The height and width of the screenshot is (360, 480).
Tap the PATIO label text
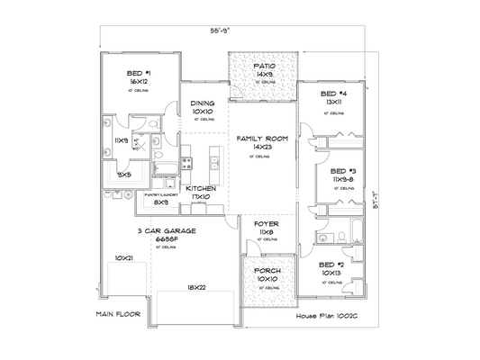263,66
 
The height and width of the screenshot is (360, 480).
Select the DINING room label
202,103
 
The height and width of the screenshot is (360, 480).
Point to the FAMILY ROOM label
261,139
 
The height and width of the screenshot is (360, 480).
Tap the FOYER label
266,222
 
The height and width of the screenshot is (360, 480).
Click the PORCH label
267,270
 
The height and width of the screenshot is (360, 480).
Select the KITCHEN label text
200,188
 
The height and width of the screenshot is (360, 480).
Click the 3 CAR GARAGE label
164,230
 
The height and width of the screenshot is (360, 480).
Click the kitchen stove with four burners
187,163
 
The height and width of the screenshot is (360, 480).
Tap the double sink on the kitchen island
215,163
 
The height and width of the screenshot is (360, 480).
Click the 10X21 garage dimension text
124,258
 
